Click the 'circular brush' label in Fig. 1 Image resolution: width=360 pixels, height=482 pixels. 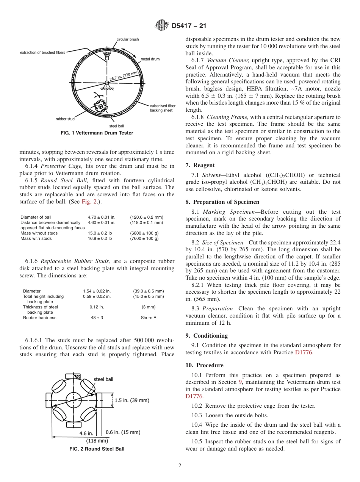pyautogui.click(x=127, y=39)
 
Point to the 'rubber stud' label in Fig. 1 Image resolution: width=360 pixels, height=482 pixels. pyautogui.click(x=65, y=119)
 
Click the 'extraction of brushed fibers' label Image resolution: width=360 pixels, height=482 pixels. pyautogui.click(x=43, y=53)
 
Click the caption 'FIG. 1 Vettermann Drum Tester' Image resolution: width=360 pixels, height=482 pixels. pyautogui.click(x=97, y=133)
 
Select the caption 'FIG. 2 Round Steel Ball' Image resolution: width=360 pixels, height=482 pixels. pyautogui.click(x=97, y=449)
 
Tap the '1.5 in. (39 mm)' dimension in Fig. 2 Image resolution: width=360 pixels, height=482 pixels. pyautogui.click(x=131, y=400)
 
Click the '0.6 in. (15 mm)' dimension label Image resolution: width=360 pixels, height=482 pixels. pyautogui.click(x=123, y=432)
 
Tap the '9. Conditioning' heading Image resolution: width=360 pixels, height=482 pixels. pyautogui.click(x=207, y=336)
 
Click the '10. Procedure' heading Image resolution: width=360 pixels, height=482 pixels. pyautogui.click(x=204, y=365)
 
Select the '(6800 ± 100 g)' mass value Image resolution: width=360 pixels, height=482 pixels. pyautogui.click(x=144, y=233)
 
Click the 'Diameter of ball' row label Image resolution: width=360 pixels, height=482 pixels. pyautogui.click(x=36, y=217)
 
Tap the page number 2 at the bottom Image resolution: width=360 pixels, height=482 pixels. pyautogui.click(x=180, y=466)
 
